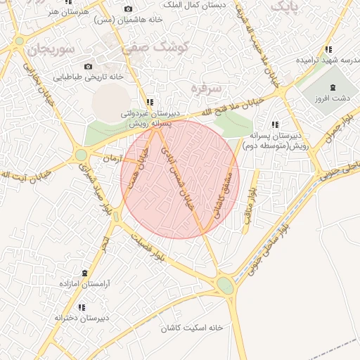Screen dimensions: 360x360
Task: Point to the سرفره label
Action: (x=205, y=87)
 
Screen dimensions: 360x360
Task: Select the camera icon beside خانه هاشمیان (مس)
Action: (x=128, y=8)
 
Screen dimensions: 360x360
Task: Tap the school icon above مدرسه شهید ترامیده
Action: (x=328, y=49)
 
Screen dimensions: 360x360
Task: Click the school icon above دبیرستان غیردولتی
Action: (x=148, y=102)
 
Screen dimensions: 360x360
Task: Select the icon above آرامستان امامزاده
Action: (x=86, y=272)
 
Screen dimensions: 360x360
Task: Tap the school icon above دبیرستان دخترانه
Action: (x=82, y=307)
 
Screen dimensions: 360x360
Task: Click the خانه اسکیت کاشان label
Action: (x=191, y=328)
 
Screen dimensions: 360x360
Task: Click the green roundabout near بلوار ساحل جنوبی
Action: (x=225, y=285)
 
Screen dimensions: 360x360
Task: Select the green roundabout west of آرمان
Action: (x=82, y=155)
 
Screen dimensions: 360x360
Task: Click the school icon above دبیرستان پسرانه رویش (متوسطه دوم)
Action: (x=274, y=124)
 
